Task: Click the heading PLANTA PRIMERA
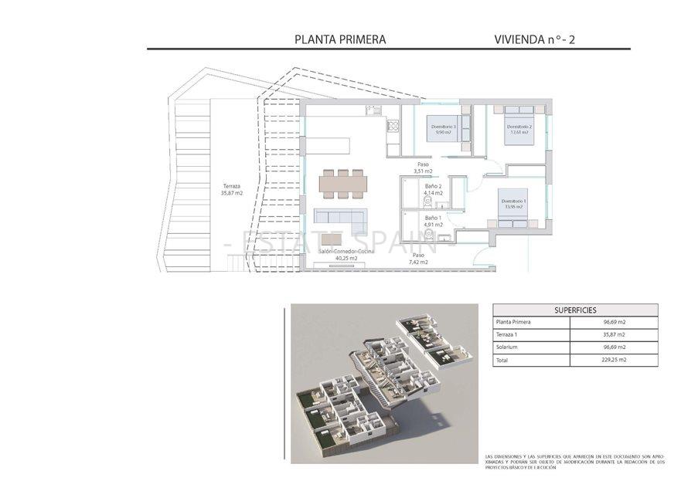click(340, 39)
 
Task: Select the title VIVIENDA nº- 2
click(534, 39)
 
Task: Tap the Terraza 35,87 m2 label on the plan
click(232, 189)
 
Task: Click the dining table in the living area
click(344, 183)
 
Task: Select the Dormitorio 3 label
click(443, 129)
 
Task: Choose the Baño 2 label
click(433, 190)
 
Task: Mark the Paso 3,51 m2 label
click(424, 168)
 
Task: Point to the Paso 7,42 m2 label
click(419, 259)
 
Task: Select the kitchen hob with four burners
click(392, 127)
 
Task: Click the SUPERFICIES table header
click(575, 310)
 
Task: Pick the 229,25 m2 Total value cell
click(614, 360)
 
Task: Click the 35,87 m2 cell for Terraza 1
click(614, 335)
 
